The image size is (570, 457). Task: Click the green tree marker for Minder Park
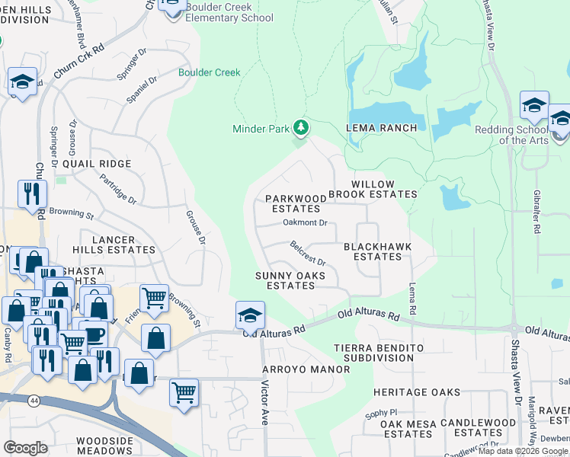pyautogui.click(x=302, y=127)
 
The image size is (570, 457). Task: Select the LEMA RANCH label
pyautogui.click(x=382, y=128)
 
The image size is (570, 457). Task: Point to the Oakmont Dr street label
pyautogui.click(x=305, y=223)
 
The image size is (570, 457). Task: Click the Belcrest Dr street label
pyautogui.click(x=308, y=253)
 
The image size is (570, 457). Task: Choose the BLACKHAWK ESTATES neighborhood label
pyautogui.click(x=373, y=251)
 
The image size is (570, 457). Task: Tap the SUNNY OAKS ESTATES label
pyautogui.click(x=290, y=280)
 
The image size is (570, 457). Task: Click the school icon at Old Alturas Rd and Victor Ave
pyautogui.click(x=250, y=314)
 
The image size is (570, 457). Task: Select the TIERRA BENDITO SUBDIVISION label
pyautogui.click(x=378, y=353)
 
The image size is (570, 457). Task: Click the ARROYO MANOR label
pyautogui.click(x=306, y=369)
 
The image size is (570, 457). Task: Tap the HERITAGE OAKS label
pyautogui.click(x=417, y=392)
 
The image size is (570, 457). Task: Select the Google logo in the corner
pyautogui.click(x=25, y=448)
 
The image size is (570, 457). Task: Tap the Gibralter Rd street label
pyautogui.click(x=537, y=217)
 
